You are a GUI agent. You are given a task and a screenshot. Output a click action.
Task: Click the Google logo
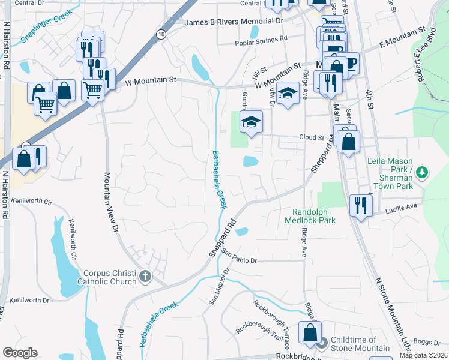(20, 353)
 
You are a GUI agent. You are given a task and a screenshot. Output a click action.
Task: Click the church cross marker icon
(144, 277)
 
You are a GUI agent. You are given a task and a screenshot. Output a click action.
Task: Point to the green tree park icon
(423, 173)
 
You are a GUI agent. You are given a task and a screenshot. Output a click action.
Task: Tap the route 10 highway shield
(161, 35)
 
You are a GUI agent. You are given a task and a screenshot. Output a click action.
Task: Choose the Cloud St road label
(311, 137)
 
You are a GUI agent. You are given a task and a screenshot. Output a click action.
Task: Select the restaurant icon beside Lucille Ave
(361, 203)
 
